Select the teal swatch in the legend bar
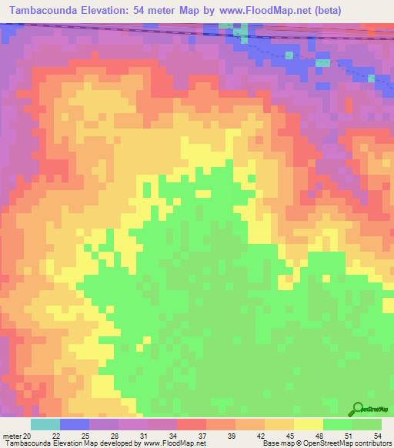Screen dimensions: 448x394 pyautogui.click(x=45, y=424)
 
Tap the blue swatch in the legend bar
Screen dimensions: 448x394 pyautogui.click(x=75, y=424)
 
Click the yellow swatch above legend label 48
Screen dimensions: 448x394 pyautogui.click(x=308, y=424)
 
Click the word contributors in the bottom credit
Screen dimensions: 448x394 pyautogui.click(x=372, y=443)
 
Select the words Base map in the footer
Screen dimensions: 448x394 pyautogui.click(x=275, y=443)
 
